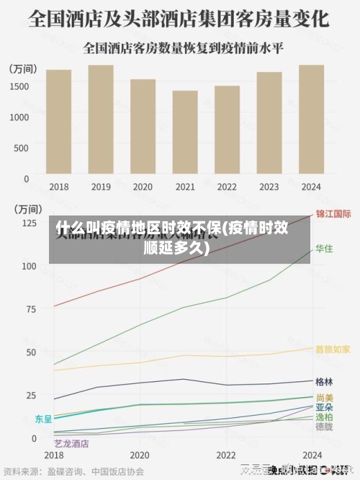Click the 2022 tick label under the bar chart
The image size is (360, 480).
point(227,187)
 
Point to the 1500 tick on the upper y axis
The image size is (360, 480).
point(19,86)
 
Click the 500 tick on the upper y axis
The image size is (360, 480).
point(22,147)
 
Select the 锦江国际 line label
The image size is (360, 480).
point(333,214)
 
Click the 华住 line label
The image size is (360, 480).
point(324,249)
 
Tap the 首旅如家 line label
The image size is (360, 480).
point(333,349)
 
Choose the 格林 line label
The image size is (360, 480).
point(324,381)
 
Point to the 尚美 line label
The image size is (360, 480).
point(324,397)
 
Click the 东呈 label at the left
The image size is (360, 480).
point(43,418)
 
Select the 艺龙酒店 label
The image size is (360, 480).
point(71,443)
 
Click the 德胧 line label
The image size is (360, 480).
point(324,426)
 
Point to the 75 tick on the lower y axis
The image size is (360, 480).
point(29,309)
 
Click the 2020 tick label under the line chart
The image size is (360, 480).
point(139,455)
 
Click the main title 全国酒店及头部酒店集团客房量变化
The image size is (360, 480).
point(179,17)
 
